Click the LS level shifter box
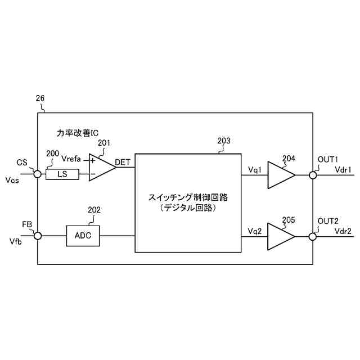coord(62,174)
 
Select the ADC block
coord(83,236)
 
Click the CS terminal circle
coord(38,174)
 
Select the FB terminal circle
coord(38,236)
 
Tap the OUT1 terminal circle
coord(313,174)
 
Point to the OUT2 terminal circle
coord(313,236)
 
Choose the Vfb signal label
coord(16,242)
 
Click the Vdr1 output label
coord(343,169)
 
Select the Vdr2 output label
coord(343,231)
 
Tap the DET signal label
coord(123,163)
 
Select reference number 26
coord(40,98)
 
